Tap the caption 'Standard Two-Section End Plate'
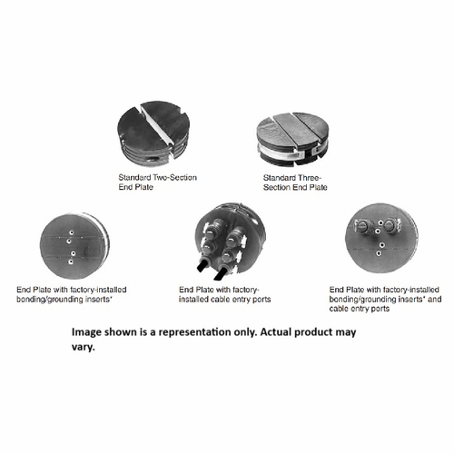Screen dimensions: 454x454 157,181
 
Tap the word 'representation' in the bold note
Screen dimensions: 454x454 202,332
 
